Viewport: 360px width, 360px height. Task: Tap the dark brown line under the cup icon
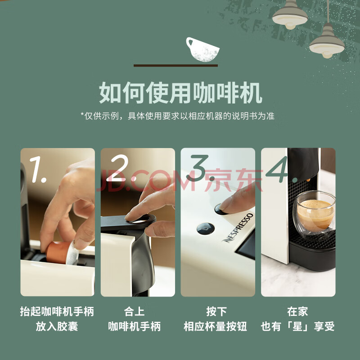coord(175,66)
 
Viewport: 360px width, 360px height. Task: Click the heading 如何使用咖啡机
coord(180,93)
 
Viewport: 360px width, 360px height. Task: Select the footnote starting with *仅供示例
coord(177,116)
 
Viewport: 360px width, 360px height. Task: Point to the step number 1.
coord(38,170)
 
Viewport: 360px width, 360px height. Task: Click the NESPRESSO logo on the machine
coord(238,228)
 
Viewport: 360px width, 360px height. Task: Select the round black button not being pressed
coord(206,229)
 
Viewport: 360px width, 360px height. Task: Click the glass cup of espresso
coord(314,212)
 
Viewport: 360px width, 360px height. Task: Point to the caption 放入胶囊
coord(57,326)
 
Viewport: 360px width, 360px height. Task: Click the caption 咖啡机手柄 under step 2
coord(134,326)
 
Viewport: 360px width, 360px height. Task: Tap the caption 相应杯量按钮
coord(215,326)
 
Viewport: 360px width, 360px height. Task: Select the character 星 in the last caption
coord(297,326)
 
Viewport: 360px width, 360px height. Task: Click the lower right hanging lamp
coord(327,41)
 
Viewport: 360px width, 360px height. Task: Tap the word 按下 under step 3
coord(216,311)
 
